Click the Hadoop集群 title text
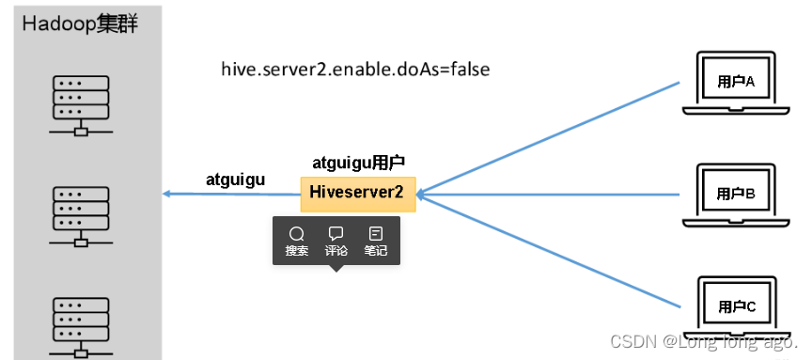coord(80,23)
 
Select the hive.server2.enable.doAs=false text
coord(355,70)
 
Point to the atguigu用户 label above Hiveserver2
coord(358,163)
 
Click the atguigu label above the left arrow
coord(235,179)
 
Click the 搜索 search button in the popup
coord(297,242)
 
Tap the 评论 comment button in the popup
coord(336,242)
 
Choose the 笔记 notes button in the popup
coord(376,242)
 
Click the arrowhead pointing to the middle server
coord(167,194)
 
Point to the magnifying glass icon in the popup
coord(297,233)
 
